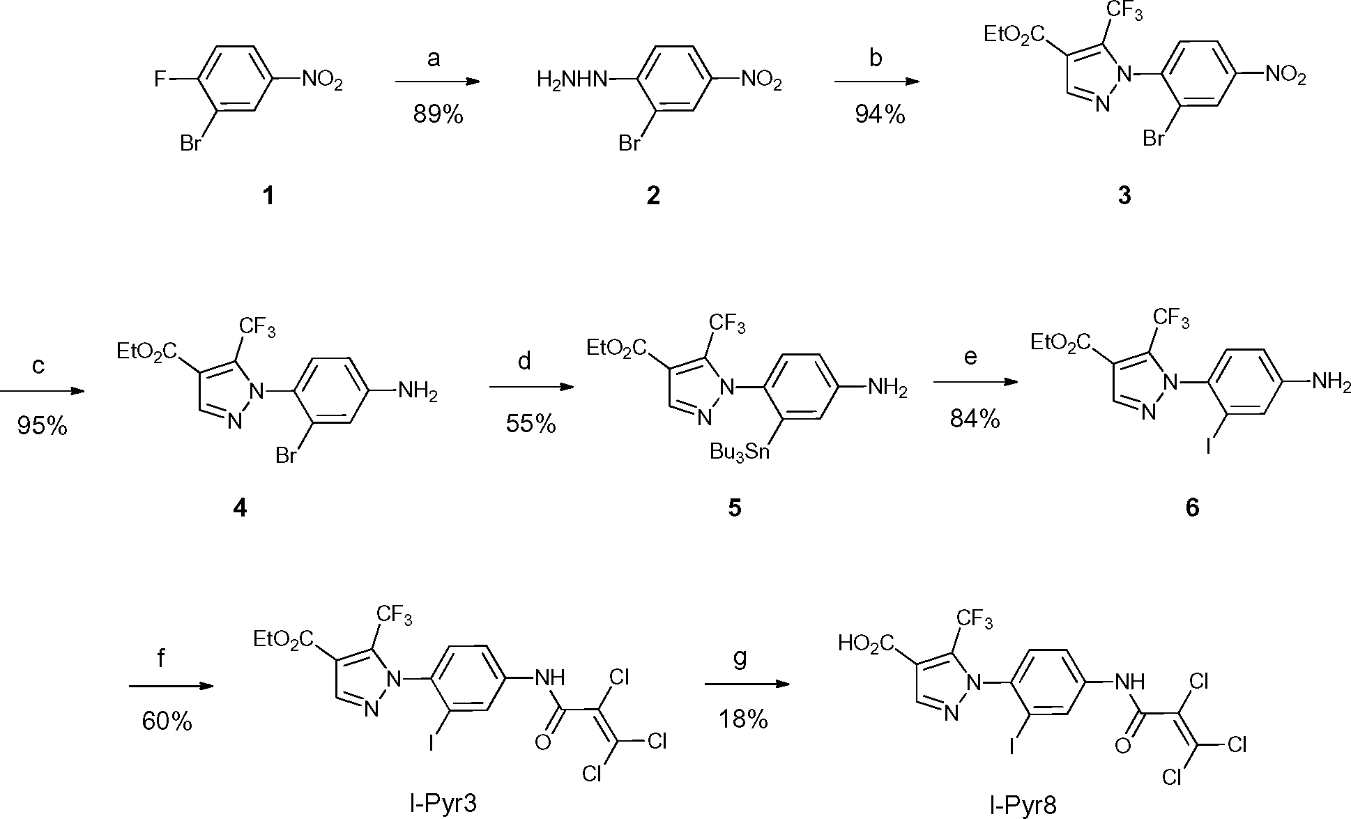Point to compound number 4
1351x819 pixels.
(240, 508)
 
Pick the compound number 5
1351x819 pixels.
(735, 508)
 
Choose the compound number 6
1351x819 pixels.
(1193, 508)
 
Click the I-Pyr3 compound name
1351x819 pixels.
(444, 804)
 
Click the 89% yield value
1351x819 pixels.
(438, 115)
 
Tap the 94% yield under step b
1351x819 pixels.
(880, 115)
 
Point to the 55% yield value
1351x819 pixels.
(531, 423)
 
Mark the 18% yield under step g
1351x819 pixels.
(743, 719)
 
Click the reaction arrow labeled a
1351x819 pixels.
(438, 82)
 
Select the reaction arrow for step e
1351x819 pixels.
(974, 382)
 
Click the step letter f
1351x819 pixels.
(161, 657)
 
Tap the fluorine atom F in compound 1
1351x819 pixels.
(160, 80)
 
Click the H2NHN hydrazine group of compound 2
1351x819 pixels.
(570, 81)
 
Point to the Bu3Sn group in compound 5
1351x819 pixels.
(740, 452)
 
